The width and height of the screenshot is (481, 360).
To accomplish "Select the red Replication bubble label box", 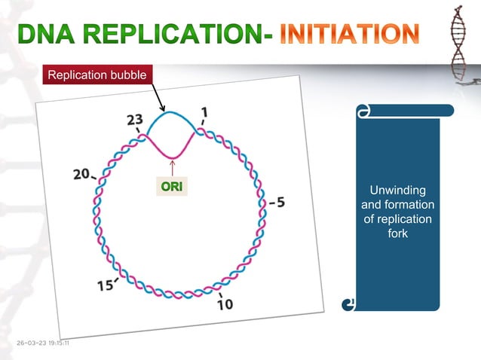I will click(98, 75).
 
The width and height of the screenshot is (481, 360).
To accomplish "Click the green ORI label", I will click(173, 186).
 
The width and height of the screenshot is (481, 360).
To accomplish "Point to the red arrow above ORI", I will click(173, 167).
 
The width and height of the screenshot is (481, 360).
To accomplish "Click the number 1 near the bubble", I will click(205, 111).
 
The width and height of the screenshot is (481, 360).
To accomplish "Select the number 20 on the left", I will click(82, 174).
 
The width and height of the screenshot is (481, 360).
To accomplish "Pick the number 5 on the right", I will click(280, 203).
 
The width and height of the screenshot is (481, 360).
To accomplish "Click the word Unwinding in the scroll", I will click(397, 189).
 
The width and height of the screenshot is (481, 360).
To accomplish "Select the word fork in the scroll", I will click(397, 234).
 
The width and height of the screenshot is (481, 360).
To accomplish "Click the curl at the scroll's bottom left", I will click(348, 304).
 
